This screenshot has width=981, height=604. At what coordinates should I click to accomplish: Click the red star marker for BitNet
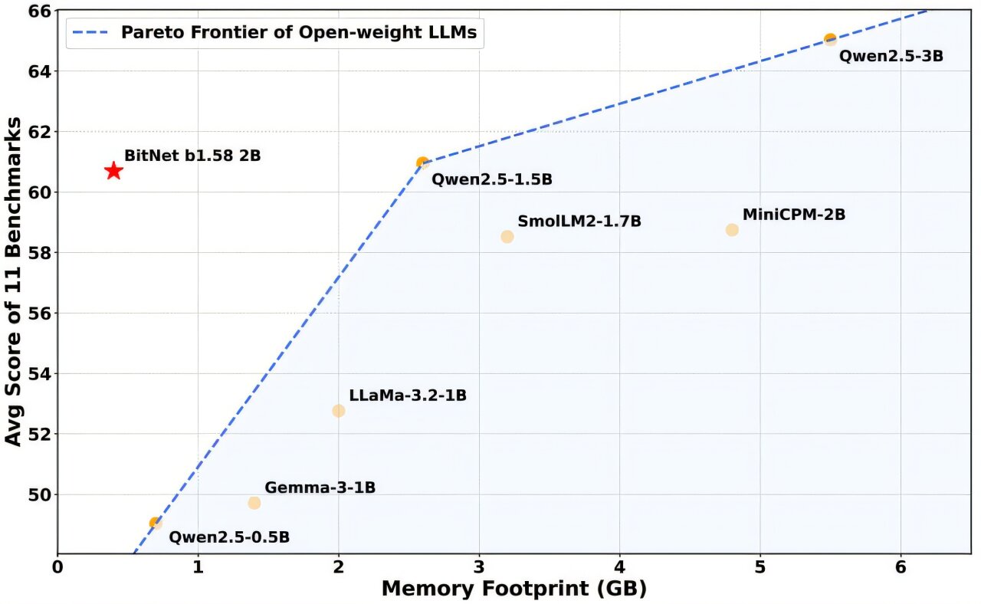tap(113, 171)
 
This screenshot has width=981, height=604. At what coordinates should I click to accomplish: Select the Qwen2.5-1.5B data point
tap(422, 162)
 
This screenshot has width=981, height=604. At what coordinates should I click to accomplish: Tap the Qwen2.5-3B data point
tap(830, 39)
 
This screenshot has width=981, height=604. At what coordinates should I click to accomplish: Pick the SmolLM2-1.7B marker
tap(507, 236)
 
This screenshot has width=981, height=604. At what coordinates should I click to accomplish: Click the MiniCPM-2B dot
tap(732, 230)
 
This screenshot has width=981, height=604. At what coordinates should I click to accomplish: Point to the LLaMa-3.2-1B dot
tap(339, 411)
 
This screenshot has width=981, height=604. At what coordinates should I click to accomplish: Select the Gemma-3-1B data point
tap(254, 503)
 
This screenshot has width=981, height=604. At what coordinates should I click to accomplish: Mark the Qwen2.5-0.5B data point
tap(156, 523)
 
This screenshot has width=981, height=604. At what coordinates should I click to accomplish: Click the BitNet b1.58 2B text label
tap(192, 156)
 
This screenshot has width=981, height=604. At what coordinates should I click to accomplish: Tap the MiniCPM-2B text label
tap(794, 215)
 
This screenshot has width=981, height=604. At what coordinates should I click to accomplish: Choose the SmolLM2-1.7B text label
tap(579, 222)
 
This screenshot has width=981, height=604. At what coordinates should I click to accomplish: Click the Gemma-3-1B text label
tap(320, 487)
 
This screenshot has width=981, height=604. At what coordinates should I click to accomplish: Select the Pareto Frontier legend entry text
tap(299, 32)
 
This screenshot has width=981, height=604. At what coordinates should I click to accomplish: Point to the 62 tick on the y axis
tap(38, 132)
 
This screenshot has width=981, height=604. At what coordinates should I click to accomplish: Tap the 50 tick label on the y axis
tap(38, 495)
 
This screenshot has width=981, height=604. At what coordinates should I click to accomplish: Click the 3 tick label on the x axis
tap(479, 569)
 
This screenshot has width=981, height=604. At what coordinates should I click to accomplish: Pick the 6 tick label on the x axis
tap(901, 569)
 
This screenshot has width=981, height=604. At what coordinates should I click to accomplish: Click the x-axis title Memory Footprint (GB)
tap(513, 589)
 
